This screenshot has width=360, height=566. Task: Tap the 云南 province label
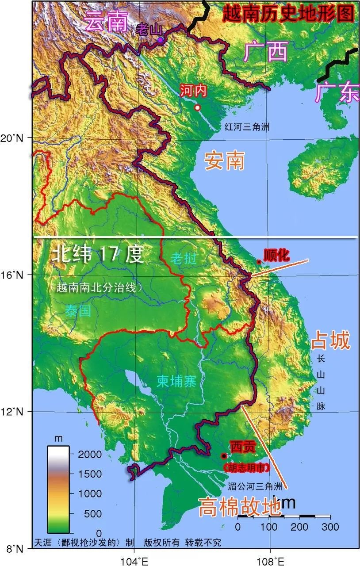[x=106, y=20]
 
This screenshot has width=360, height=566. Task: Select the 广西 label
[x=266, y=52]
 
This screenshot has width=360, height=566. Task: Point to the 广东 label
[x=337, y=92]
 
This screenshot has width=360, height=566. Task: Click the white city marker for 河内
[x=197, y=107]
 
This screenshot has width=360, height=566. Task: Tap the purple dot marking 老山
[x=160, y=40]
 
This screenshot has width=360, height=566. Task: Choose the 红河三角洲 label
[x=246, y=127]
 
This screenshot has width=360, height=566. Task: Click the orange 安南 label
[x=225, y=161]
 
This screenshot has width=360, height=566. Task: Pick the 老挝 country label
[x=184, y=258]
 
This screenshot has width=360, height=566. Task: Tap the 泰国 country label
[x=78, y=310]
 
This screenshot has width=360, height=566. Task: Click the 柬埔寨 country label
[x=176, y=381]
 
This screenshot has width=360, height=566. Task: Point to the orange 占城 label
[x=330, y=341]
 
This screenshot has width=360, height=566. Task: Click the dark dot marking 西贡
[x=224, y=456]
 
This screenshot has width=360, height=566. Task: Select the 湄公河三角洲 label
[x=255, y=487]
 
